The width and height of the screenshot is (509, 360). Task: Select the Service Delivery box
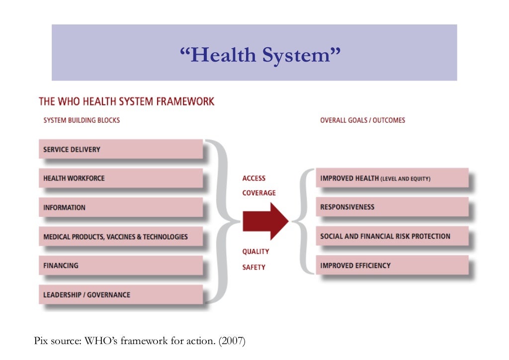121,149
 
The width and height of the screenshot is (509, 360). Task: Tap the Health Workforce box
121,178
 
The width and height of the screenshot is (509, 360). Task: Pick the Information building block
121,207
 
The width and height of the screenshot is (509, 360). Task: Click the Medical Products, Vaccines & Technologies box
121,237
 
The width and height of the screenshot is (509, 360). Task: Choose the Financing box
121,266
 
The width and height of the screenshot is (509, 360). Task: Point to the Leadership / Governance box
121,294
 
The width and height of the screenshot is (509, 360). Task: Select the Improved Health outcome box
392,178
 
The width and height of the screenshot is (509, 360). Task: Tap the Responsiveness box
392,207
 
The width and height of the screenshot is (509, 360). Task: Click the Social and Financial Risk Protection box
392,236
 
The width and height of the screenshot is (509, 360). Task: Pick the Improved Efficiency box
392,265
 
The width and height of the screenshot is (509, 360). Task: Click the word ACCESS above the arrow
254,178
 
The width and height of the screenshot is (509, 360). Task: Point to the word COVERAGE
259,192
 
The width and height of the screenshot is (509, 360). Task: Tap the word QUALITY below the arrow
255,252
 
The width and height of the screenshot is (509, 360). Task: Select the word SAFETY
254,267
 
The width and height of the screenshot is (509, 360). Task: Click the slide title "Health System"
254,55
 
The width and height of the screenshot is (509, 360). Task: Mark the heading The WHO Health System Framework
127,101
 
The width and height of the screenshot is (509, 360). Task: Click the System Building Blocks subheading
82,120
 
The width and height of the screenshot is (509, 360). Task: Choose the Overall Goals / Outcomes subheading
362,120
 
